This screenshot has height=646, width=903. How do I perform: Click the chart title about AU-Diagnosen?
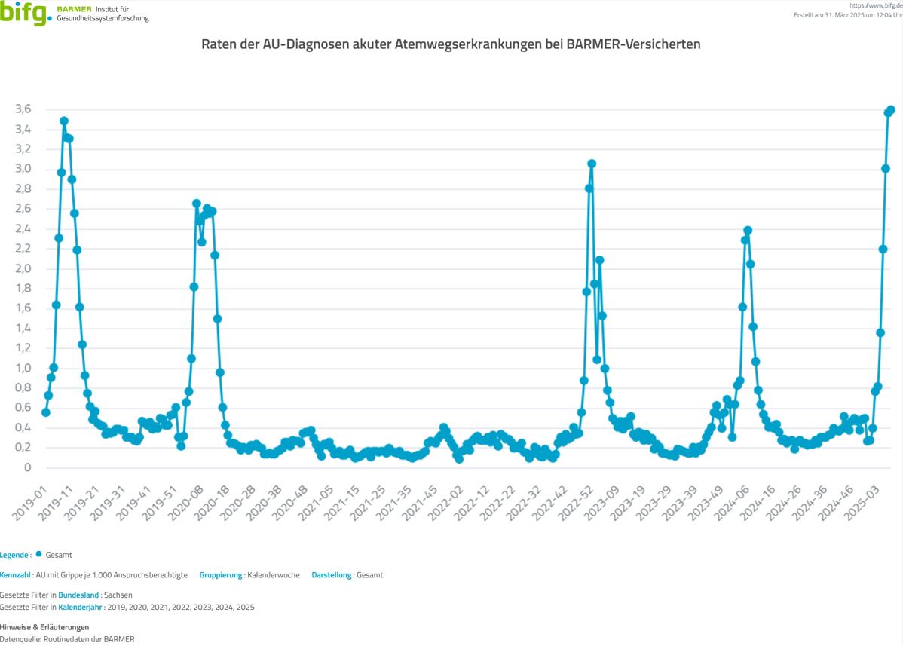click(x=451, y=44)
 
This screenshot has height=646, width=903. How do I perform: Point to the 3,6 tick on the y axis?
click(x=23, y=109)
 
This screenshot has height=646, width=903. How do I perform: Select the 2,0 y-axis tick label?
click(x=23, y=269)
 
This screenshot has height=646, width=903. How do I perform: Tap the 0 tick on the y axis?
click(x=28, y=468)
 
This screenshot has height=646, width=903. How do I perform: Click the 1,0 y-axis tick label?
click(x=23, y=369)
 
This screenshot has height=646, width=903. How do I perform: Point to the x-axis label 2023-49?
click(x=708, y=501)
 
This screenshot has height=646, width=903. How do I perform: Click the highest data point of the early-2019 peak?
click(x=64, y=121)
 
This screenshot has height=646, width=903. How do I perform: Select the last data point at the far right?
click(x=890, y=110)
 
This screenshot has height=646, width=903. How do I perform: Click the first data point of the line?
click(x=46, y=412)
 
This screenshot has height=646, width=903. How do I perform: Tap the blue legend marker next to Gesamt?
click(x=38, y=554)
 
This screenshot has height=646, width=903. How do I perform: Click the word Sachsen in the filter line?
click(x=118, y=595)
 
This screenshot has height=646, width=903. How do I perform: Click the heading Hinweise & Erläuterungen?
click(x=44, y=627)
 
